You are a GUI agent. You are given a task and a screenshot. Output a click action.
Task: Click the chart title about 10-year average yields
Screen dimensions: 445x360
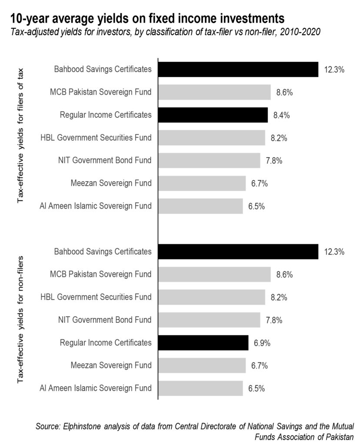[148, 18]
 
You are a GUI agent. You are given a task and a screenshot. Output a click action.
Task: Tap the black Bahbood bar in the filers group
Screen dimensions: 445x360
[238, 69]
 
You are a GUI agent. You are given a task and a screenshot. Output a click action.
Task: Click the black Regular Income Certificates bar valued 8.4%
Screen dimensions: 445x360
[213, 115]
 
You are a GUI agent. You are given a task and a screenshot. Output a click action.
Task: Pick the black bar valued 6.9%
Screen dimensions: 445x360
[203, 342]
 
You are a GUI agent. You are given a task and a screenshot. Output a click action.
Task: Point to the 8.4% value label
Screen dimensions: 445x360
[281, 115]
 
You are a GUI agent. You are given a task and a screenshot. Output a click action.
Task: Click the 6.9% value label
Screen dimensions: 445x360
[262, 343]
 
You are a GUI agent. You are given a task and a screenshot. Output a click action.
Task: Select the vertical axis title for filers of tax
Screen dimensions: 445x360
[20, 135]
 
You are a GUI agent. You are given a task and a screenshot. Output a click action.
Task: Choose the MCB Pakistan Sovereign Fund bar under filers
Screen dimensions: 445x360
[214, 92]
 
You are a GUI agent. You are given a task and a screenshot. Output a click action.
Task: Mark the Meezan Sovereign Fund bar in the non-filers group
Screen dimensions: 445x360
[202, 365]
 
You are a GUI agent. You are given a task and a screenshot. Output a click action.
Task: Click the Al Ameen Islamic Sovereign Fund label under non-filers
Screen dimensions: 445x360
[96, 388]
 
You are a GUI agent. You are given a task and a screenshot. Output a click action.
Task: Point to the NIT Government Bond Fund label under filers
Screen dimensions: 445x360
[105, 160]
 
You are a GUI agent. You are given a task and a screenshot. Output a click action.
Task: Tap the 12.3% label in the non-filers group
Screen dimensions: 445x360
[334, 252]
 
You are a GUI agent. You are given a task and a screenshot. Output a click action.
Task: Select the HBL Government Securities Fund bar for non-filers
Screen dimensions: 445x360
[211, 297]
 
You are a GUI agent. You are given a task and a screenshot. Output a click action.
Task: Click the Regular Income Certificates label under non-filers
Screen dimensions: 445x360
[106, 342]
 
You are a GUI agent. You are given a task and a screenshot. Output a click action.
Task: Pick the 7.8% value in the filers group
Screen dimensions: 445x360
[274, 161]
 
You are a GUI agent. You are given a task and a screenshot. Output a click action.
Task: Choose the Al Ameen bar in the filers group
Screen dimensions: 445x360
[200, 206]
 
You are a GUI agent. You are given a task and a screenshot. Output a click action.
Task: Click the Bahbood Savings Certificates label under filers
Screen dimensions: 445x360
[103, 69]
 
